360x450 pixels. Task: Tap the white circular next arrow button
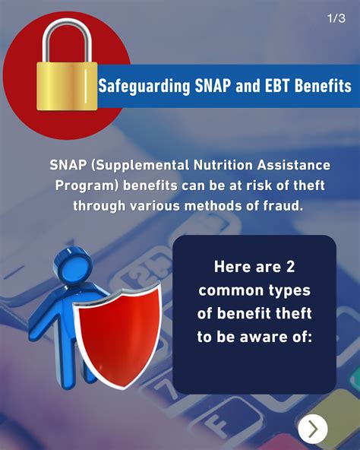click(313, 429)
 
